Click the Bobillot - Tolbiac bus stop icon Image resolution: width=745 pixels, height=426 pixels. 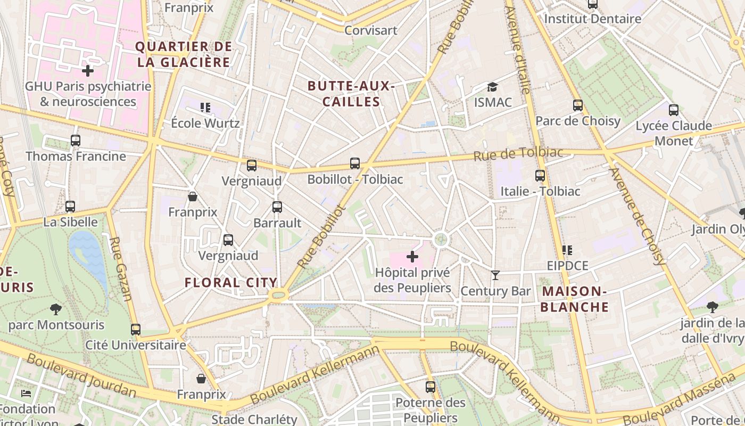point(355,163)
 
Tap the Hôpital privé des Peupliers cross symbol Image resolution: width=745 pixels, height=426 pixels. point(412,257)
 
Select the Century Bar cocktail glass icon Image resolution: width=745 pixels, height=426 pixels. point(495,275)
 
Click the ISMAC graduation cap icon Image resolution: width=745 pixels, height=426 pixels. point(493,87)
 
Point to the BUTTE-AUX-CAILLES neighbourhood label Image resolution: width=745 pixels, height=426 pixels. point(351,94)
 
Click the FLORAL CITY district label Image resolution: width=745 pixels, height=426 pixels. point(231,283)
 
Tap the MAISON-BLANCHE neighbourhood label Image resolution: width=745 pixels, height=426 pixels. point(575,299)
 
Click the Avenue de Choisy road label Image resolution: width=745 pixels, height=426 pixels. point(637,216)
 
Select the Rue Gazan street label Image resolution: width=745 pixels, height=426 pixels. point(121,269)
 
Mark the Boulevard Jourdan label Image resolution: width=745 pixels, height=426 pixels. point(81,375)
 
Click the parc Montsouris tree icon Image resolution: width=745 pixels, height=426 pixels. point(55,309)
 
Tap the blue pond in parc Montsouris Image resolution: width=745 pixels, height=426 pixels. point(88,256)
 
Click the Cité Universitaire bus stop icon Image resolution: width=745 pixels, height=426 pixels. point(136,330)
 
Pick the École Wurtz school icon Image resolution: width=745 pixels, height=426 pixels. point(205,108)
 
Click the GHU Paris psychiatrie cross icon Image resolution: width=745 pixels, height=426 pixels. point(88,70)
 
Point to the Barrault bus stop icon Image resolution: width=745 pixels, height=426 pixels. point(277,207)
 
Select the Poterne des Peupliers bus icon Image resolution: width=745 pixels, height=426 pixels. point(431,387)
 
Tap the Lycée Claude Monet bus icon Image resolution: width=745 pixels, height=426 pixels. point(674,110)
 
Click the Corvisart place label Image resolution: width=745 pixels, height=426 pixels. point(371,30)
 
